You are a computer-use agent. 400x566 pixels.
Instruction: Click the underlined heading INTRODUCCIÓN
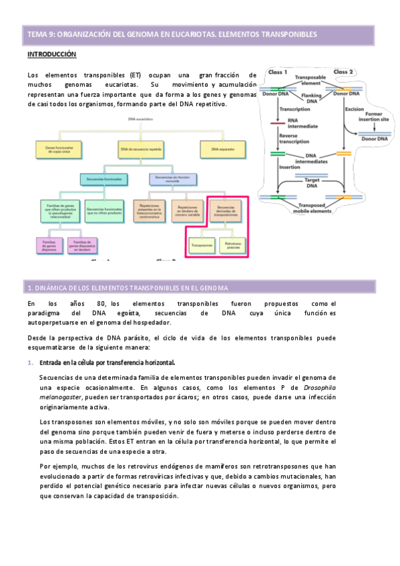[x=51, y=53]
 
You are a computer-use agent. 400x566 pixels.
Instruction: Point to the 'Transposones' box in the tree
[x=202, y=246]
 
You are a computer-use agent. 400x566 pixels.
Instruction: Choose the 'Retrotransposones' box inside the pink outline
[x=233, y=246]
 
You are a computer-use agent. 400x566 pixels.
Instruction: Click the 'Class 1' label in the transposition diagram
[x=277, y=72]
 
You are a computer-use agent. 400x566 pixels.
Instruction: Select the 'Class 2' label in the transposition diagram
[x=343, y=72]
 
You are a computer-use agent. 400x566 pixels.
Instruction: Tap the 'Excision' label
[x=354, y=109]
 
